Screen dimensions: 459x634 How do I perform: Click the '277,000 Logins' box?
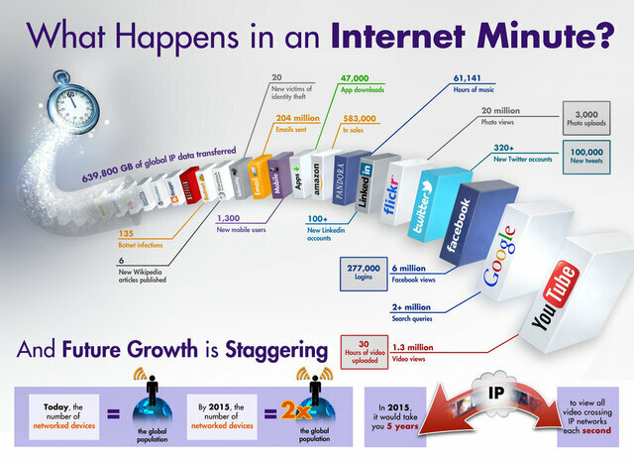tap(363, 273)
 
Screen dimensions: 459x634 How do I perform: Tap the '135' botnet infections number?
tap(126, 234)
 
